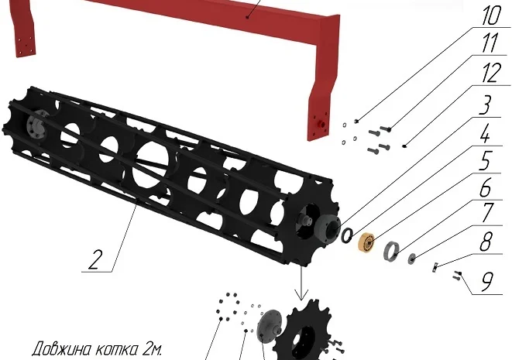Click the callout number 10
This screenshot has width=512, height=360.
tap(491, 15)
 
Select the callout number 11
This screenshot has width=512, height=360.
tap(490, 43)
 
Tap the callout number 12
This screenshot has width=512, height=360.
tap(491, 73)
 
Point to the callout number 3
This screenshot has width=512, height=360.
tap(485, 105)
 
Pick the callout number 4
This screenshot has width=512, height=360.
tap(486, 133)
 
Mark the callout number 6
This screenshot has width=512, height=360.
tap(485, 187)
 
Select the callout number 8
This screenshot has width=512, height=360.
tap(486, 242)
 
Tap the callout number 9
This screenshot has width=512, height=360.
tap(486, 281)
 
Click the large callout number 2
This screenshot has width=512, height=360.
tap(94, 259)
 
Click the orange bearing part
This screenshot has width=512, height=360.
tap(366, 242)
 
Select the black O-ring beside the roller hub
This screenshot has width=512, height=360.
tap(347, 235)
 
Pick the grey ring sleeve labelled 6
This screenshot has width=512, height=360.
tap(391, 252)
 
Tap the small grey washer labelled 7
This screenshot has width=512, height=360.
tap(411, 259)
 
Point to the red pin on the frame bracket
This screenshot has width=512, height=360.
tap(321, 125)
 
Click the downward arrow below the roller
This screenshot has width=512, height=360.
tap(301, 283)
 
